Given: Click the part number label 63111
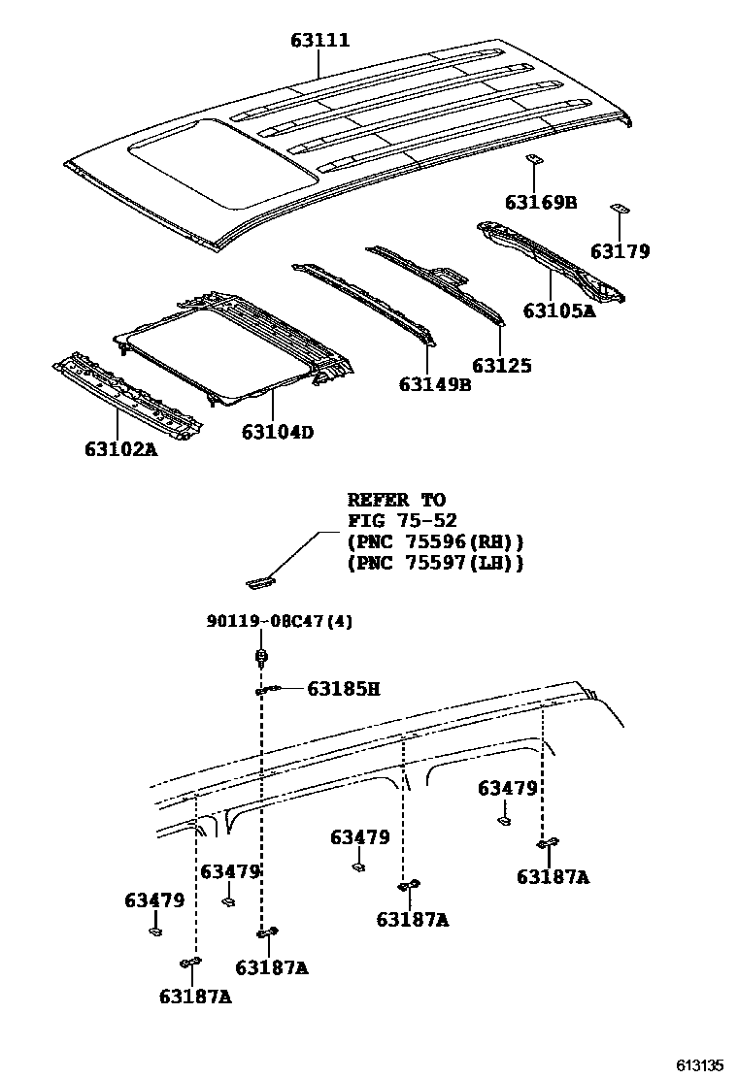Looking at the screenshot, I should (x=319, y=41).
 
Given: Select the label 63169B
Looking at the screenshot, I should (x=541, y=202).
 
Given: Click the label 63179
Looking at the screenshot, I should (x=620, y=251).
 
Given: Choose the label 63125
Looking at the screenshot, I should (x=502, y=366).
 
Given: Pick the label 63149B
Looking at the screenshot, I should (x=434, y=384).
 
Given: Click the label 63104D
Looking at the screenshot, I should (x=278, y=432).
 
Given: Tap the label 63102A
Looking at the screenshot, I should (x=120, y=449).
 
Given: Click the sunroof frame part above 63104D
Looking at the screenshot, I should (x=233, y=344).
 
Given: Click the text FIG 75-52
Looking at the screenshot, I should (x=402, y=521).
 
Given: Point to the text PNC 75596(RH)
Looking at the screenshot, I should (x=435, y=541).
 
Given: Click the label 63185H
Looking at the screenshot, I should (x=343, y=689).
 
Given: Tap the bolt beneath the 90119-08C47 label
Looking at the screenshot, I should (x=261, y=660).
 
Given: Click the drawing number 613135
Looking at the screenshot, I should (x=700, y=1064).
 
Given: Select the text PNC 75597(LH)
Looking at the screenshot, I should (x=435, y=562).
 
